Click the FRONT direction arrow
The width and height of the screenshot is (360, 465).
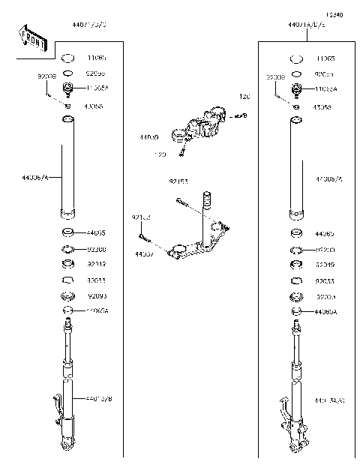click(32, 38)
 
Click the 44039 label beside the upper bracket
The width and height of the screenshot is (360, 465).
click(149, 137)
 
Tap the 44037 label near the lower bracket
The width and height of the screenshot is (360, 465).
click(144, 254)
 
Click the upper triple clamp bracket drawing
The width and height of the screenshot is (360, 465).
click(202, 124)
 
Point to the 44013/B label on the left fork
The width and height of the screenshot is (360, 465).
click(98, 398)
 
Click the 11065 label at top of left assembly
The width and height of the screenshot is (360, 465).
click(97, 57)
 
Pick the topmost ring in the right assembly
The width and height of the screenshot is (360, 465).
click(296, 58)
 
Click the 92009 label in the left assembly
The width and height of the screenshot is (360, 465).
click(46, 76)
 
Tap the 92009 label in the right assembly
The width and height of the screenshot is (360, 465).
click(275, 76)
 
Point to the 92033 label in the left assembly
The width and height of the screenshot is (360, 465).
click(97, 280)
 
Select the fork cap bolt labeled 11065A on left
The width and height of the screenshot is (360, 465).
click(68, 90)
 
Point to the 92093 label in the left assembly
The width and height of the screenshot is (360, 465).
click(97, 295)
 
